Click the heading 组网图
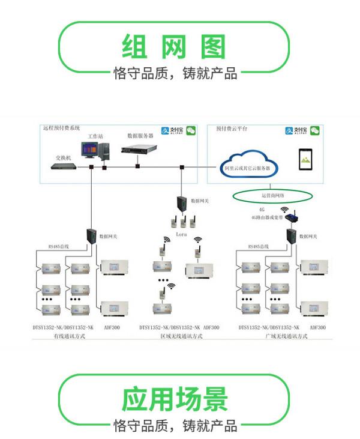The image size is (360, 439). (x=173, y=46)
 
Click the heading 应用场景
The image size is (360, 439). (x=175, y=399)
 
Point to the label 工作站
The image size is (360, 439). (x=96, y=137)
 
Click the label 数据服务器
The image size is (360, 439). (x=140, y=136)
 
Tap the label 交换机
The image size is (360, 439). (x=63, y=156)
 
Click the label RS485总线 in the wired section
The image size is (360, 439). (x=59, y=246)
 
